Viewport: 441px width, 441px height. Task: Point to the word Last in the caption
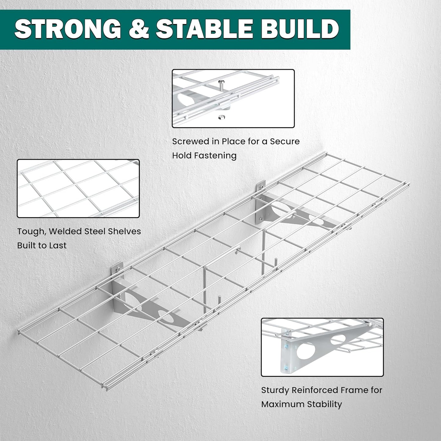(58, 245)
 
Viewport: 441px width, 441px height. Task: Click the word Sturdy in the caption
(275, 390)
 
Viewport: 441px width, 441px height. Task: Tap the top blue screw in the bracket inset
(286, 346)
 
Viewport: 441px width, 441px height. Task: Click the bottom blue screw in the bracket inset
(286, 367)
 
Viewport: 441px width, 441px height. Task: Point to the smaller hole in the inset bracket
(338, 339)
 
